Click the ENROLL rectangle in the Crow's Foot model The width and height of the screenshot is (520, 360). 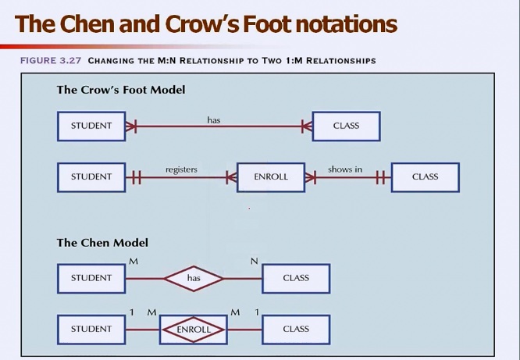click(x=271, y=177)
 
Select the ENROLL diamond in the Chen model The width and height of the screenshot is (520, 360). click(x=194, y=330)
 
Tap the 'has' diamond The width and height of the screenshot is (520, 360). click(x=194, y=278)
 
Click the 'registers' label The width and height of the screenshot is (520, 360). click(x=181, y=169)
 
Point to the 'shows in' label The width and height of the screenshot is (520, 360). click(x=344, y=169)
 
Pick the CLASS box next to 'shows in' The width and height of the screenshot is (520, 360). click(x=425, y=177)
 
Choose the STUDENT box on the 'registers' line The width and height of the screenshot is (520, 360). click(x=91, y=177)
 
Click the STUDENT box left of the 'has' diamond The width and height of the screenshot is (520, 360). click(x=91, y=278)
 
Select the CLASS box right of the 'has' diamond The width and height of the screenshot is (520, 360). click(x=296, y=278)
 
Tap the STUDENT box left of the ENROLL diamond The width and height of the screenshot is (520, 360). click(x=91, y=330)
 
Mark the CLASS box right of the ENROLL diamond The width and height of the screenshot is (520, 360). click(x=296, y=330)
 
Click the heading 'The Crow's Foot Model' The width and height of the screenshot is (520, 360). click(x=121, y=90)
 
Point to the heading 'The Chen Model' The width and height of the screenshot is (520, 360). click(x=102, y=243)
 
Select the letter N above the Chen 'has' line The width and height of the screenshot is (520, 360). click(x=254, y=261)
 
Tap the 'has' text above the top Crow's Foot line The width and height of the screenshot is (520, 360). click(x=214, y=119)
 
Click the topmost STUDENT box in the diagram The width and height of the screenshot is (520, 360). click(x=91, y=126)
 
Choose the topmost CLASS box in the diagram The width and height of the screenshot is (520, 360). click(x=346, y=126)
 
